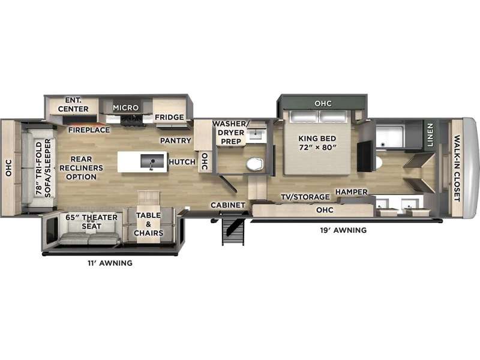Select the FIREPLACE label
(x=89, y=130)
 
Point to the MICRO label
(x=126, y=108)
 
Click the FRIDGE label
(x=169, y=117)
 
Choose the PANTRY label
(x=176, y=140)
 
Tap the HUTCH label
(x=182, y=161)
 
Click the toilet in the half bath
(x=254, y=164)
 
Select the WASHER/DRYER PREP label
(x=231, y=133)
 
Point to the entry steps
(x=233, y=232)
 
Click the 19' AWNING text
(x=343, y=230)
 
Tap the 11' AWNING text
(x=110, y=263)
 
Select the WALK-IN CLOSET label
(x=457, y=169)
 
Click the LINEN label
(x=430, y=135)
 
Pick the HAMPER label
(x=352, y=192)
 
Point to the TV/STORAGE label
(x=305, y=197)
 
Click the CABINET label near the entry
(x=228, y=205)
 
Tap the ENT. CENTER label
(x=73, y=104)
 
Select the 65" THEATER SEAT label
(x=92, y=221)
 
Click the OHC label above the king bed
(x=323, y=103)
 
